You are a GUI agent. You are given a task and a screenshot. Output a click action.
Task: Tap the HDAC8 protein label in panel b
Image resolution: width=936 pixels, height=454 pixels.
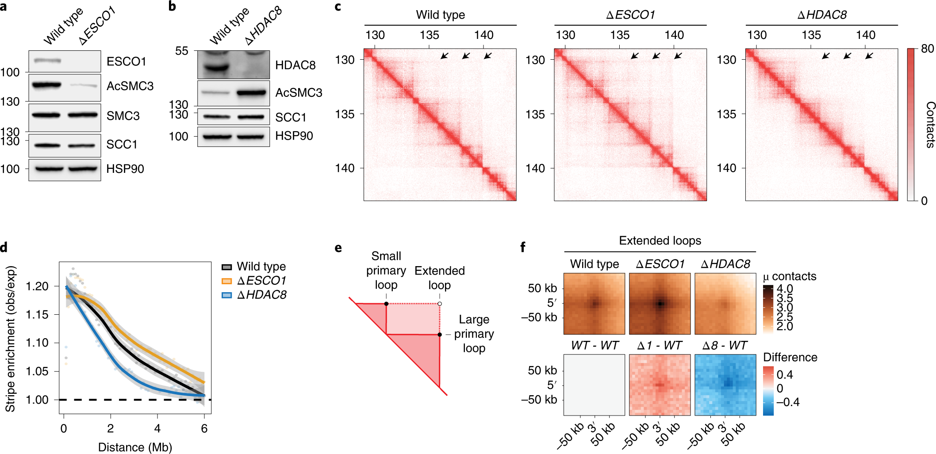click(295, 65)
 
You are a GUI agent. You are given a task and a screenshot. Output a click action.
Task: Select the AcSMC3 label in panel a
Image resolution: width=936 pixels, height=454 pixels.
click(130, 86)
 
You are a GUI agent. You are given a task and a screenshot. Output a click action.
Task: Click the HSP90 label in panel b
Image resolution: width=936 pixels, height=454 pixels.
click(294, 136)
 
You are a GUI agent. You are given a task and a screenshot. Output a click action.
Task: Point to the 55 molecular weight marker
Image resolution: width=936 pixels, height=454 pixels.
click(181, 51)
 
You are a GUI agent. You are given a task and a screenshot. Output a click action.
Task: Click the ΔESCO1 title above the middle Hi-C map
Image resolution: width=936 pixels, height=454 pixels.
click(630, 15)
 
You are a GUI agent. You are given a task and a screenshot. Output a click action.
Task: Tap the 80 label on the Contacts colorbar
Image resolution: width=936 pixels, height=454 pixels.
click(927, 49)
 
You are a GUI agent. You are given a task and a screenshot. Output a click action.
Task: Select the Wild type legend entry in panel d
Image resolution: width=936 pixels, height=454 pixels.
click(253, 267)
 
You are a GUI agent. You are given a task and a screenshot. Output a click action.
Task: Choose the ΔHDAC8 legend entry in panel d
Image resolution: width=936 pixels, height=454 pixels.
click(254, 295)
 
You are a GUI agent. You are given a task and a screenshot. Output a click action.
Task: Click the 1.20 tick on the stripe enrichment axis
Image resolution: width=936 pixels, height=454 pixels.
click(37, 286)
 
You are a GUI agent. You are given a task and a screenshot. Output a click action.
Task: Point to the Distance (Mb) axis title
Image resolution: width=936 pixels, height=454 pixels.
click(135, 447)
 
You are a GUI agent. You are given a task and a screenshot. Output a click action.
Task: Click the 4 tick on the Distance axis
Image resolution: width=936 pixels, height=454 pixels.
click(157, 428)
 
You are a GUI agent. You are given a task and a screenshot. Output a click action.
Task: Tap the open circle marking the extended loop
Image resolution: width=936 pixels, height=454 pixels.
click(440, 304)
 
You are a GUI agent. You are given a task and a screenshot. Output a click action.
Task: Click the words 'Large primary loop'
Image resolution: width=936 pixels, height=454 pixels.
click(474, 334)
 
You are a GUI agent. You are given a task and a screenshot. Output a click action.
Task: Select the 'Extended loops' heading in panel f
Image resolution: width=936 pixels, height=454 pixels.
click(660, 240)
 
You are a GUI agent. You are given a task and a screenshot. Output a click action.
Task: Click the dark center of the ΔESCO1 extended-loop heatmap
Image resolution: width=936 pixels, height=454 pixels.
click(660, 304)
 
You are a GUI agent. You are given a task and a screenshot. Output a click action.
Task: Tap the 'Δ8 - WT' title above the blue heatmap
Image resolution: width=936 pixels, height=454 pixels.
click(725, 345)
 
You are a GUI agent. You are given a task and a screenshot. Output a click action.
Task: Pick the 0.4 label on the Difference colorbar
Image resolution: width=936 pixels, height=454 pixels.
click(785, 375)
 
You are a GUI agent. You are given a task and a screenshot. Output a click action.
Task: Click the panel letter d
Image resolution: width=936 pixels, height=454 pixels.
click(4, 247)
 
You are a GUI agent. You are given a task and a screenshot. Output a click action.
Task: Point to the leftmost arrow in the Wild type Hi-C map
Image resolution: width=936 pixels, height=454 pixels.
click(445, 56)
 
